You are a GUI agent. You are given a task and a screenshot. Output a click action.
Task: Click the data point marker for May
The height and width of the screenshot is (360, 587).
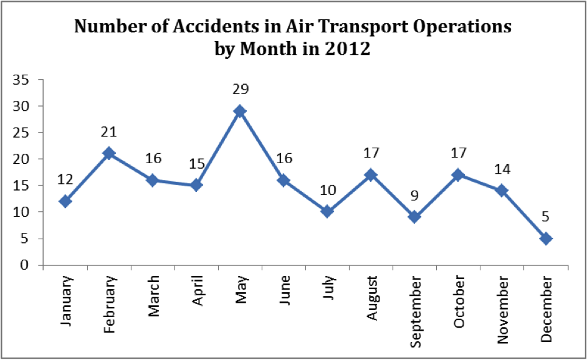240,111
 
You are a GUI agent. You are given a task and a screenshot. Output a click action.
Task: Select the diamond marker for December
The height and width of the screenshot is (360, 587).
546,239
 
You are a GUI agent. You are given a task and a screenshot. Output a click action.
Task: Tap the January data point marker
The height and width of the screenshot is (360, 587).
65,201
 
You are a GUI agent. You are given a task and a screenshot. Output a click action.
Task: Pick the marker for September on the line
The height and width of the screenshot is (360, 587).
414,217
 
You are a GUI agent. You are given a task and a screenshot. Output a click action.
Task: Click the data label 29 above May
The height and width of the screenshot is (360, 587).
240,90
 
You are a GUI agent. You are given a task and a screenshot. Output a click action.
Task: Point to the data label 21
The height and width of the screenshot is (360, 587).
109,132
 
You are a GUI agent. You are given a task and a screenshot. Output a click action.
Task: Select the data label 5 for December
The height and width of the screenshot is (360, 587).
546,217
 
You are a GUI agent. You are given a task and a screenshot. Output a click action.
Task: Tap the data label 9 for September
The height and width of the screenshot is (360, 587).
414,196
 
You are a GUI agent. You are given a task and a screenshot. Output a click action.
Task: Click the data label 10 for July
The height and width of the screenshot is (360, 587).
327,191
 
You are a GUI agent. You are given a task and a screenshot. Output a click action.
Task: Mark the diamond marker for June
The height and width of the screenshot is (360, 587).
284,180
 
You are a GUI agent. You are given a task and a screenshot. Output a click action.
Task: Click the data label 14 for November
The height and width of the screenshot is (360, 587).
502,169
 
